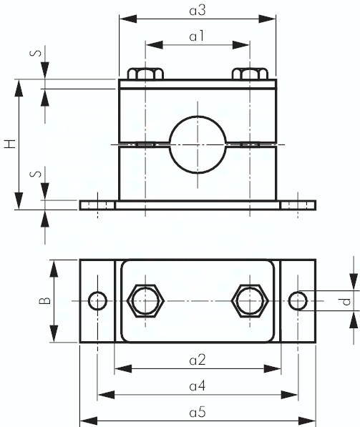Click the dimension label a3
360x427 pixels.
coord(198,11)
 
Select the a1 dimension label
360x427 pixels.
coord(197,36)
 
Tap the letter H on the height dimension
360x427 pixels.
coord(10,144)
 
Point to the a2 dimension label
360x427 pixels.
coord(198,360)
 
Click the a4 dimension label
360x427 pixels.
coord(198,386)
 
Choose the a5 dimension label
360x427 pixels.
coord(198,412)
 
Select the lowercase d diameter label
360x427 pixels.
coord(346,301)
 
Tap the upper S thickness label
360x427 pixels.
coord(36,52)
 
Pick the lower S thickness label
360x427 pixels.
coord(36,174)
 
